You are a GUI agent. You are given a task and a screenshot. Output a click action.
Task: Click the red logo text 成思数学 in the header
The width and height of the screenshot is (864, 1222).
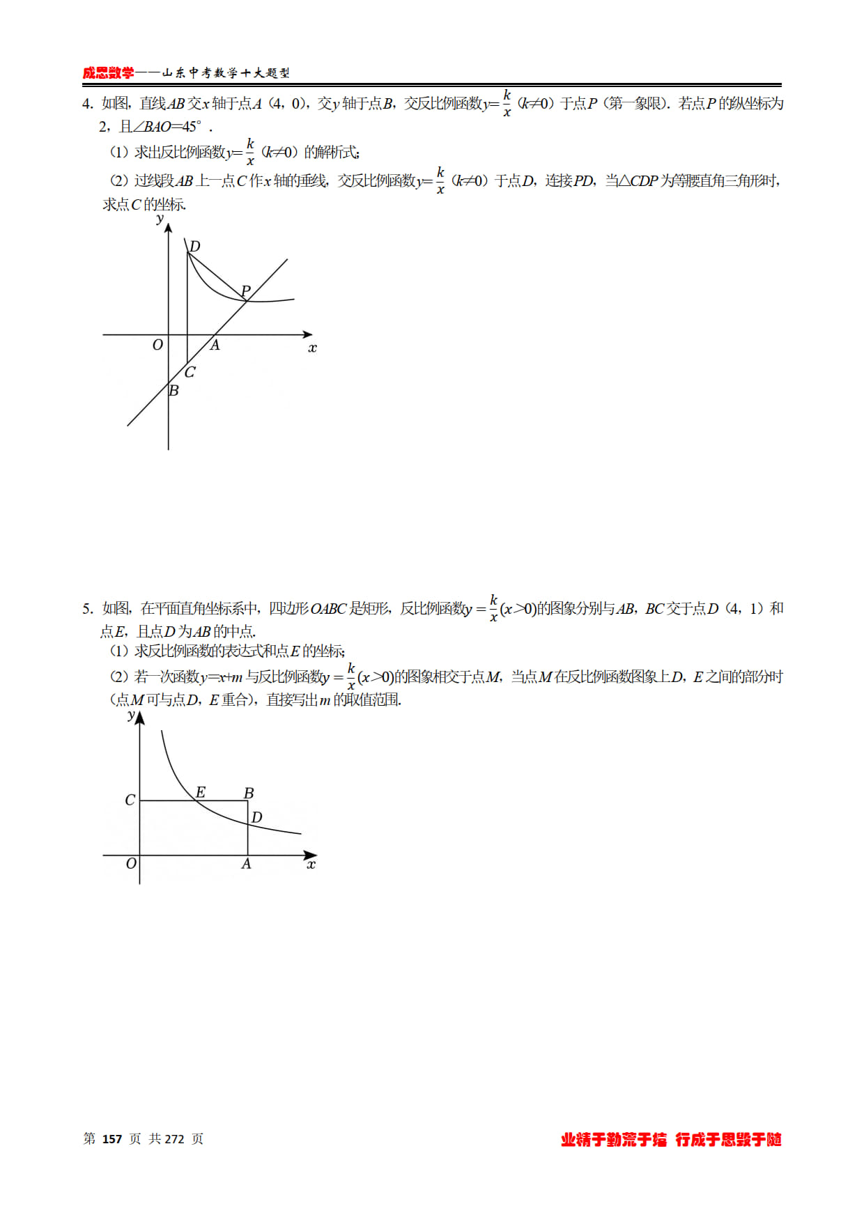[108, 73]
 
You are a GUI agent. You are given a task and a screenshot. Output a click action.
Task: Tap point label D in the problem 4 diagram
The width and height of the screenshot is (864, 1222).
[195, 246]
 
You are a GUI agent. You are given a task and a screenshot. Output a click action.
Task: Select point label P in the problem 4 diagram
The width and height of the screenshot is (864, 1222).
[245, 290]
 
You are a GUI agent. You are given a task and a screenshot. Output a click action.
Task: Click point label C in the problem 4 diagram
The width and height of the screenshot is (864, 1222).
[190, 372]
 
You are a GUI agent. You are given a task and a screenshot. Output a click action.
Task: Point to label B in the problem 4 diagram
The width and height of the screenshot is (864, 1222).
[173, 391]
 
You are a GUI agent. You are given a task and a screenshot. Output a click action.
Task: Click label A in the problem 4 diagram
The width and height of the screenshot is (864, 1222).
[215, 345]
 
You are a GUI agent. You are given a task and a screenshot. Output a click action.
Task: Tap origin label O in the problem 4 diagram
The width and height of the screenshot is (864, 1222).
[157, 345]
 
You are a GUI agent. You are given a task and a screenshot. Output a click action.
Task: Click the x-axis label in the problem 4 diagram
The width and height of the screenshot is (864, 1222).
[312, 348]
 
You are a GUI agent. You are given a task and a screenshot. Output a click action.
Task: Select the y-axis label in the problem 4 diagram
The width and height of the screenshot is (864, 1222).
[160, 219]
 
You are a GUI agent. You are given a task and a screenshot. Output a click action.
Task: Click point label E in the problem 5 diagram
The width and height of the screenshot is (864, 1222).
[201, 792]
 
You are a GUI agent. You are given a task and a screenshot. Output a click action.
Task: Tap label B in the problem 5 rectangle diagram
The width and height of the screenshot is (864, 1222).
[249, 793]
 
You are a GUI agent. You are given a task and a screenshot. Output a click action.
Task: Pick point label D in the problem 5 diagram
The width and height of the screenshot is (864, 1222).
[256, 817]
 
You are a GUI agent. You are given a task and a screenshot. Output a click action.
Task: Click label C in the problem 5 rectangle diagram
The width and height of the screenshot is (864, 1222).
[130, 800]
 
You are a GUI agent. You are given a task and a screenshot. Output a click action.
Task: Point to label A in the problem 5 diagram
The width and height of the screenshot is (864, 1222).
[246, 864]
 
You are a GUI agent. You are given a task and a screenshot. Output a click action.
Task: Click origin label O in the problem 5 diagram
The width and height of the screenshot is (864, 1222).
[131, 864]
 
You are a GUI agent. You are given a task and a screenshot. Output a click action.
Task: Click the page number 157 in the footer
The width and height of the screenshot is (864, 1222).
[112, 1139]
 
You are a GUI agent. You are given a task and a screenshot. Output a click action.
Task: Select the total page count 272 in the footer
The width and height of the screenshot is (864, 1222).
[174, 1139]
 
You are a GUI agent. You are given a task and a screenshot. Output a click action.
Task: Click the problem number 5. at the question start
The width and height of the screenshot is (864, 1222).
[87, 609]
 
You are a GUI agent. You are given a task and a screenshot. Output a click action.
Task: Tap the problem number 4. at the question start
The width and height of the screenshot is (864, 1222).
[87, 104]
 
